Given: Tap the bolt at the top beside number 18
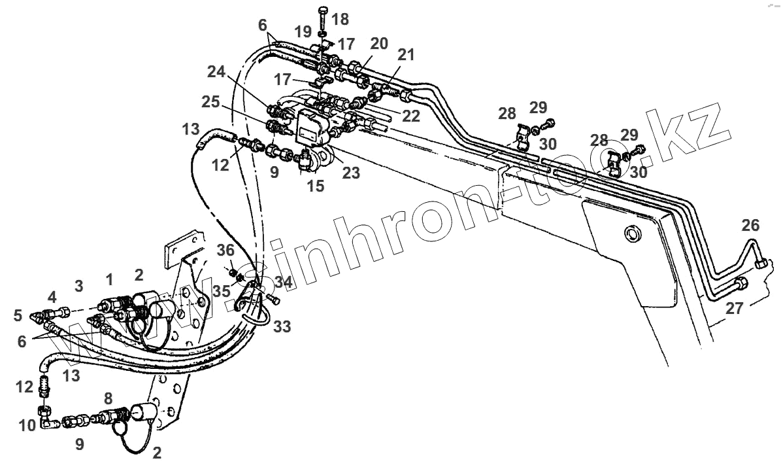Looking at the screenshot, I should point(323,15).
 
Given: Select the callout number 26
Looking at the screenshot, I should point(750,226).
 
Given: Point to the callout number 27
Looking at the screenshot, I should point(735,308).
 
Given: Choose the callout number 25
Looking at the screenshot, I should point(211,102).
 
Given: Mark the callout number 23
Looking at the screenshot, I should point(351,174).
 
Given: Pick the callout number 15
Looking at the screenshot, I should point(316,186).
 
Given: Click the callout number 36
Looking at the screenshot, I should point(225,249).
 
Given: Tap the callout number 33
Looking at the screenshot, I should point(282,325).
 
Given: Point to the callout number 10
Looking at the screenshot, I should point(28,426).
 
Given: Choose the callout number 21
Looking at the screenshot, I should point(407,56).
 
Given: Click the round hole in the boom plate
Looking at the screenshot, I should point(632,233).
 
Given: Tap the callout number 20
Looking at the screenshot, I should point(378,44).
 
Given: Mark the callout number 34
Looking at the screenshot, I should point(284,283).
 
